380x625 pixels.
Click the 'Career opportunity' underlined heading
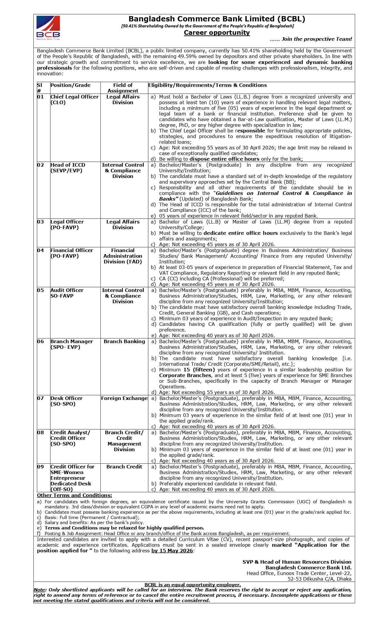[x=217, y=33]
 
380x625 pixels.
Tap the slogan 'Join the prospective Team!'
[x=311, y=39]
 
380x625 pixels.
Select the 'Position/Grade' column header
[x=70, y=85]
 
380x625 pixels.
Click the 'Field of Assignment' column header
[x=123, y=88]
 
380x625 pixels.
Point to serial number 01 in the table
[x=40, y=97]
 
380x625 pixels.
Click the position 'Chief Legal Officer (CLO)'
[x=74, y=99]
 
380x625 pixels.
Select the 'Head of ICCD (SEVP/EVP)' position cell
[x=68, y=168]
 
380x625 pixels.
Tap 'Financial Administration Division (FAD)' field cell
[x=123, y=256]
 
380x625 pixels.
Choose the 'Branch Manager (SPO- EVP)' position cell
[x=72, y=344]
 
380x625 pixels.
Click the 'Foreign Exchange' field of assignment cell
[x=124, y=398]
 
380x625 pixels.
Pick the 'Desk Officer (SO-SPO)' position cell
[x=66, y=401]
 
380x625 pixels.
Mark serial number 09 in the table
[x=40, y=467]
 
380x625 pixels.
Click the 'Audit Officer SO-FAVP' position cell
[x=67, y=293]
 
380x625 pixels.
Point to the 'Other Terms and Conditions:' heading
[x=75, y=495]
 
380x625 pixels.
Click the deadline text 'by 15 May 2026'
[x=172, y=551]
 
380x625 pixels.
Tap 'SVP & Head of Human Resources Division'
[x=297, y=562]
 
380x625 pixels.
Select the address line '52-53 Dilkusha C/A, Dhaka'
[x=319, y=579]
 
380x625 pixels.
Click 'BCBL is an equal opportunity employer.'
[x=193, y=585]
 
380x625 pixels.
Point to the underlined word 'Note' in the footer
[x=40, y=590]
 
